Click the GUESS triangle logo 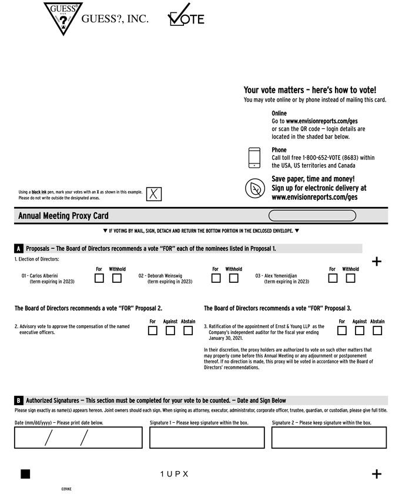(x=63, y=18)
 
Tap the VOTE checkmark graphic (x=186, y=15)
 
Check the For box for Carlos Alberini (x=99, y=278)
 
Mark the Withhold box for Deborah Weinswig (x=233, y=278)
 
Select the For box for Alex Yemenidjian (x=333, y=278)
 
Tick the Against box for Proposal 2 (x=170, y=331)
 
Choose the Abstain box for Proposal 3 (x=377, y=331)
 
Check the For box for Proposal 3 (x=342, y=331)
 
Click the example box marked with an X (x=154, y=194)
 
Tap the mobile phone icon (x=254, y=158)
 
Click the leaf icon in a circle (x=255, y=188)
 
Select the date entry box (x=78, y=438)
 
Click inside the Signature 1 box (x=207, y=438)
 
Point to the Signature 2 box (x=329, y=438)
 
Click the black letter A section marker (x=19, y=249)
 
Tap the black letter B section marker (x=19, y=400)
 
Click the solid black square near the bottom (x=25, y=474)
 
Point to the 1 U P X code (x=174, y=474)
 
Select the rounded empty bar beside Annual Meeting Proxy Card (x=312, y=216)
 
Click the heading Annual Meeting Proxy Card (x=63, y=216)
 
